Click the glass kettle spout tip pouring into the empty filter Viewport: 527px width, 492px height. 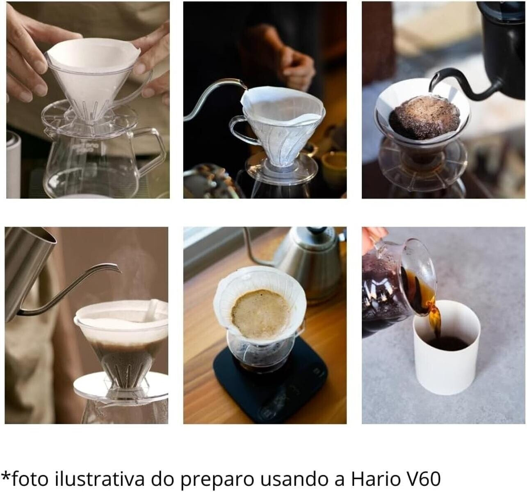[x=244, y=85]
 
